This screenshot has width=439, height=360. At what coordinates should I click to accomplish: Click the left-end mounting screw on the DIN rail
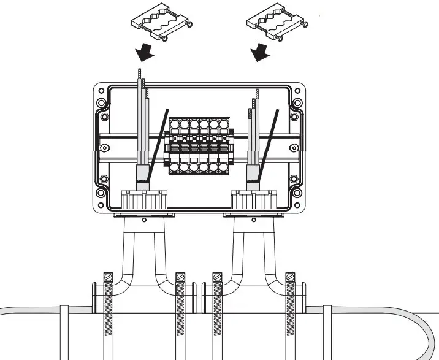pyautogui.click(x=104, y=147)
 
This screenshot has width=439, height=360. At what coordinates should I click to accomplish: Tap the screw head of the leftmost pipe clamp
pyautogui.click(x=110, y=277)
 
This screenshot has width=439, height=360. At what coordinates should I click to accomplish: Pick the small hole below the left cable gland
pyautogui.click(x=143, y=220)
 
